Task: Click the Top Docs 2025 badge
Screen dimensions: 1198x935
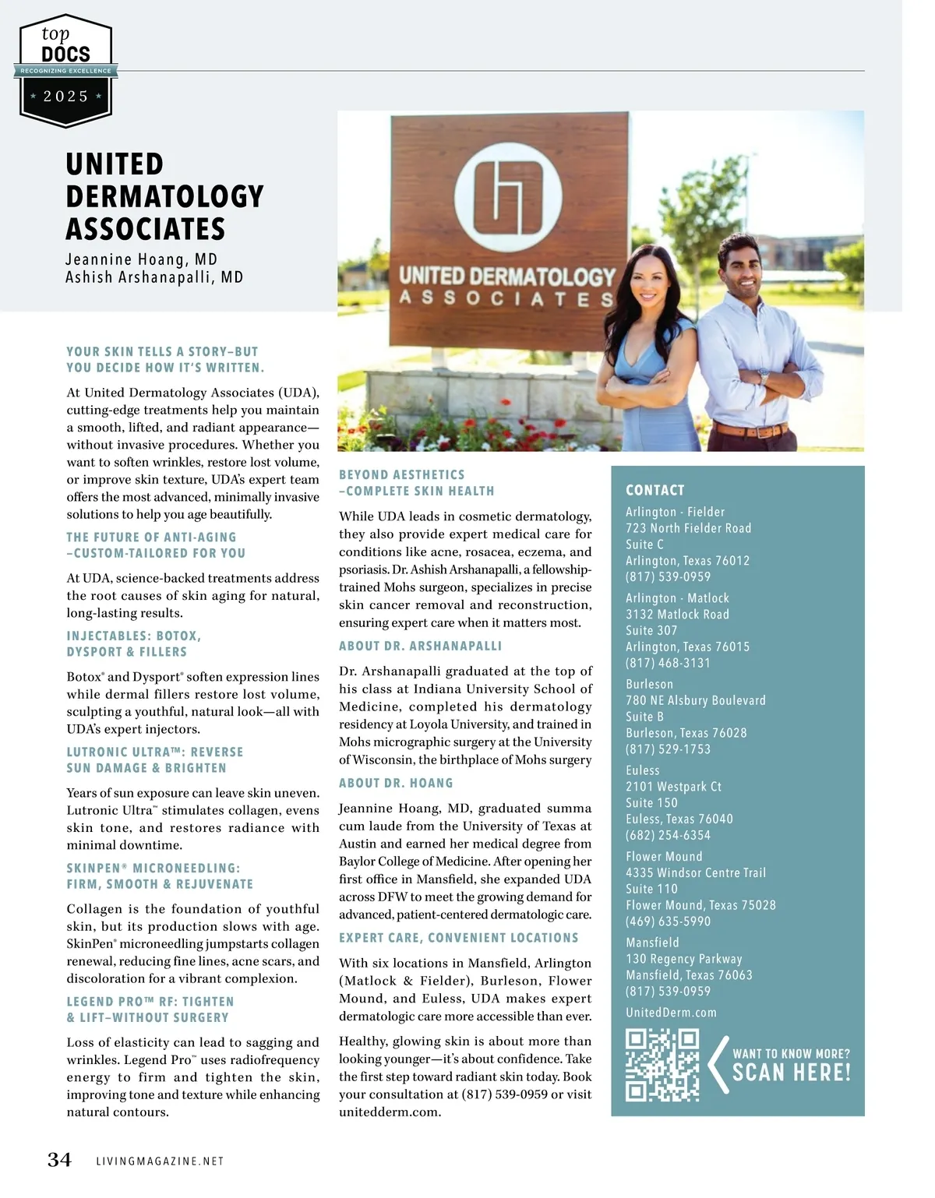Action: point(66,70)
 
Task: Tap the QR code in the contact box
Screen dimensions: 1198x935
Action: point(662,1065)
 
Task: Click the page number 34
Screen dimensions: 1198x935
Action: point(59,1160)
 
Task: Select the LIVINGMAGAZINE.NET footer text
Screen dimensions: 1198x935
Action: point(160,1161)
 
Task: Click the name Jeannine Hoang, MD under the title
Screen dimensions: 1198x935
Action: point(141,259)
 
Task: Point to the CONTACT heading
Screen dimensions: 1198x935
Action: point(654,490)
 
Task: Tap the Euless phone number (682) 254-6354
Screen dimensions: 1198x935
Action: point(668,835)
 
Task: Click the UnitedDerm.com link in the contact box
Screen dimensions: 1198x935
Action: point(671,1013)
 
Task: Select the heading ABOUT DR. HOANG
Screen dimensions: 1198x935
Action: point(396,783)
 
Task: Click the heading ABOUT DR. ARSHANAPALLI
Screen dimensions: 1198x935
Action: point(420,646)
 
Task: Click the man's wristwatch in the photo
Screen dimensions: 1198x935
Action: point(764,378)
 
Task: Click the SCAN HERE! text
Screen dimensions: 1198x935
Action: point(791,1073)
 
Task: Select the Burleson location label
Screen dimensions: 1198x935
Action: point(649,684)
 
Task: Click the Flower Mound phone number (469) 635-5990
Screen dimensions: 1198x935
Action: point(668,921)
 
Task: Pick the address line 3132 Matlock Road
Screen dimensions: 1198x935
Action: point(677,614)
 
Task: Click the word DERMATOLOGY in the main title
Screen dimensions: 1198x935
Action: point(165,196)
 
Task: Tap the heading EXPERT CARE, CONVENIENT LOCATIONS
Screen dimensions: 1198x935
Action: point(458,938)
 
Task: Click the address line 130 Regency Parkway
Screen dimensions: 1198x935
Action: point(683,959)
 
